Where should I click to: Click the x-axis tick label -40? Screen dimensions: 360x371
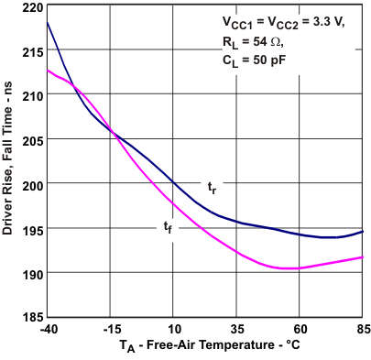[x=48, y=329]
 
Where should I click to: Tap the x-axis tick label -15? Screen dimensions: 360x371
[x=111, y=329]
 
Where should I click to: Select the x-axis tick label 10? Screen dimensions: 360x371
[x=174, y=329]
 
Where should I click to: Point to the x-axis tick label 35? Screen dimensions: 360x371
[x=237, y=329]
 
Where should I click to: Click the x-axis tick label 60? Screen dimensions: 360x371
[x=300, y=329]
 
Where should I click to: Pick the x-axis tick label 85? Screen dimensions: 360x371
[x=362, y=329]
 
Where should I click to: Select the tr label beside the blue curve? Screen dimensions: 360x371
[x=212, y=187]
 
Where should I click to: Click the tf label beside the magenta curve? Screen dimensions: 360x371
[x=168, y=226]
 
